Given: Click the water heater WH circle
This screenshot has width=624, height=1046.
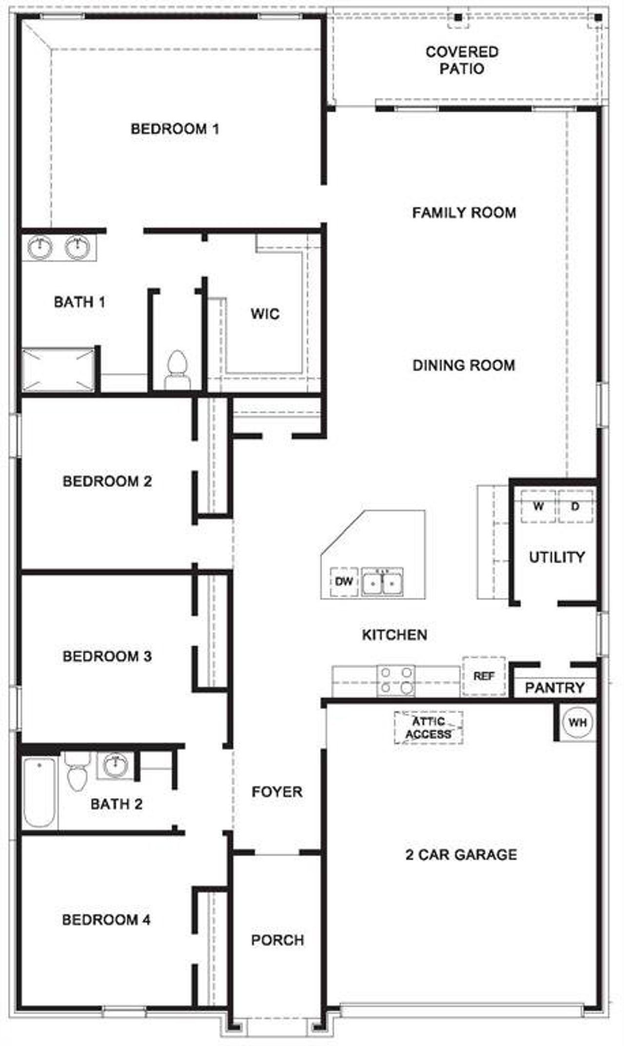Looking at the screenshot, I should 578,722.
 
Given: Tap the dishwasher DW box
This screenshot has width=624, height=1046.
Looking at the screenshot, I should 344,581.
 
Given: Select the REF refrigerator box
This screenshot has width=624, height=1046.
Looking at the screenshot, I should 484,676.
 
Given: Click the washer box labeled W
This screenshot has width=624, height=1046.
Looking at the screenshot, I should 538,506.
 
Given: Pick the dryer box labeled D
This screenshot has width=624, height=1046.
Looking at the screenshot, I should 575,506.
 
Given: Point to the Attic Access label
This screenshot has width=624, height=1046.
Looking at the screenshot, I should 429,728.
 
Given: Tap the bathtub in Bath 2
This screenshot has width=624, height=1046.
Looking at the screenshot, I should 39,792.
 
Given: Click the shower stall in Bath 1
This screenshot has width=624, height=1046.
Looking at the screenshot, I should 58,369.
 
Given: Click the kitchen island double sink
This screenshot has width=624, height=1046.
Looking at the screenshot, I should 382,582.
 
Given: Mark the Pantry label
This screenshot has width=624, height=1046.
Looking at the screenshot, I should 555,688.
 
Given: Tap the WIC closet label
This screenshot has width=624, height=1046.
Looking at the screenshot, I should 265,313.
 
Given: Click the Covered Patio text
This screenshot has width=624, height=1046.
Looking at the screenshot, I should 462,60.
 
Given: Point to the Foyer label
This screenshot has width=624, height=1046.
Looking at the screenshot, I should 277,792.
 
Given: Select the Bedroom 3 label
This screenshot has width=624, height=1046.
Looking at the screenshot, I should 107,656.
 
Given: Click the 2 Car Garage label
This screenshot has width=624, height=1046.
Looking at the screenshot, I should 461,854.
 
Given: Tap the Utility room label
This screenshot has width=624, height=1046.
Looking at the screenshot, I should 557,557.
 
